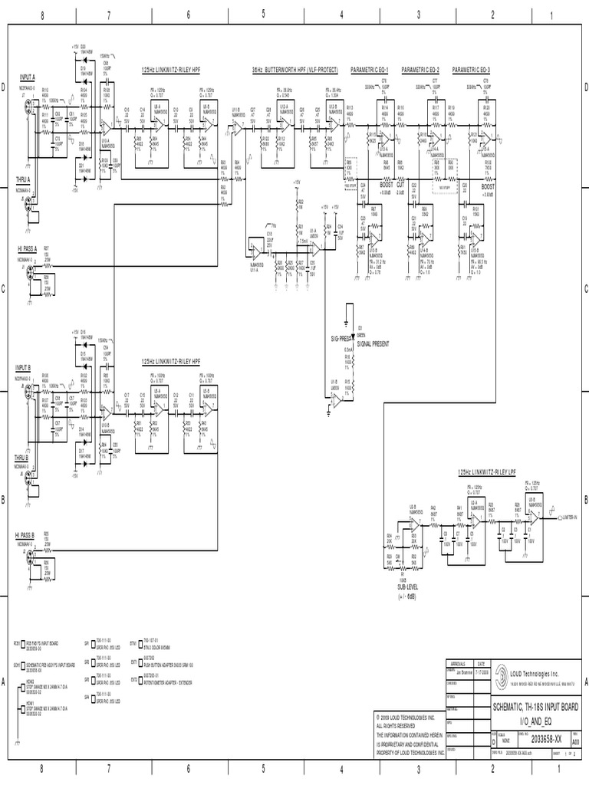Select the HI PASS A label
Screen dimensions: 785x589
tap(27, 249)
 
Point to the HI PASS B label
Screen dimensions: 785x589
tap(27, 534)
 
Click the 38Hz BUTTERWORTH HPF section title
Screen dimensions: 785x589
tap(288, 69)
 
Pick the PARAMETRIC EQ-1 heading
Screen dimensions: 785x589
tap(370, 69)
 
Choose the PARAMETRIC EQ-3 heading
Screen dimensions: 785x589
tap(472, 69)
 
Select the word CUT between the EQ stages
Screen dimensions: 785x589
tap(401, 185)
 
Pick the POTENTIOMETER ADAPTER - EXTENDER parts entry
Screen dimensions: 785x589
tap(166, 681)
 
